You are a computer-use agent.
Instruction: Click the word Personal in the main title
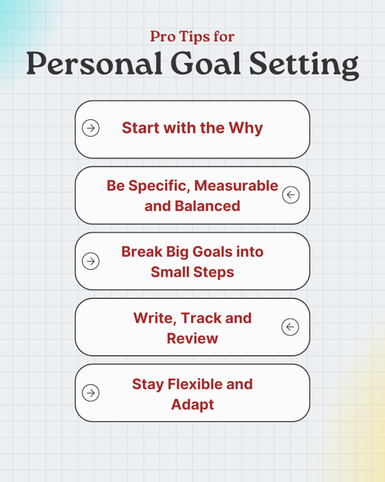point(94,64)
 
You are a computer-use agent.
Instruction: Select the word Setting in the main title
point(304,65)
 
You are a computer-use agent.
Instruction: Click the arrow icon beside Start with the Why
point(91,128)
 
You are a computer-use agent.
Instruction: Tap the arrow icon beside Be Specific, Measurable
point(291,195)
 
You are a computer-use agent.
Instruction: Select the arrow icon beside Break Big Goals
point(91,262)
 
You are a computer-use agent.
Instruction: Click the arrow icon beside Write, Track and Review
point(290,327)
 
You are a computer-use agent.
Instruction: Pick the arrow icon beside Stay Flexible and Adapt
point(91,393)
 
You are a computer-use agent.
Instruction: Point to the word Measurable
point(236,186)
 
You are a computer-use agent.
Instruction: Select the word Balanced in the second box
point(207,206)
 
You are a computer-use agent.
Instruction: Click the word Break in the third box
point(142,252)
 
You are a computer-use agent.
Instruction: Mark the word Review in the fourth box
point(193,338)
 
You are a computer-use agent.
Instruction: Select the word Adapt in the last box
point(193,405)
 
